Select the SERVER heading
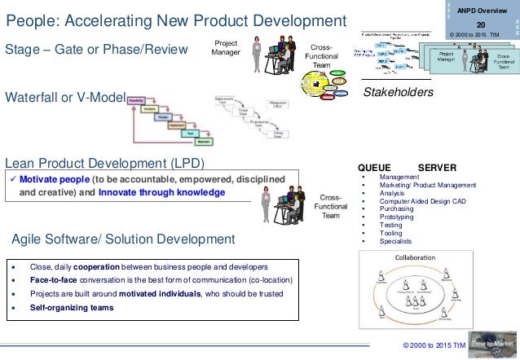point(437,166)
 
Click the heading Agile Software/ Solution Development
point(123,239)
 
